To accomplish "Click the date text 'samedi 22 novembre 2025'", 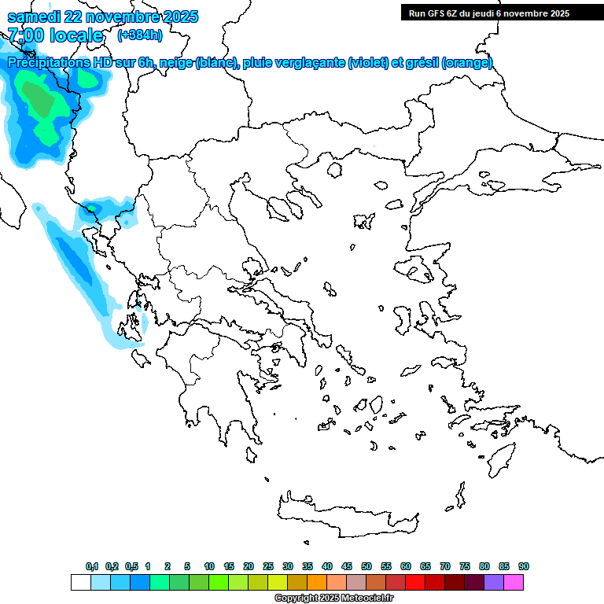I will tap(102, 17).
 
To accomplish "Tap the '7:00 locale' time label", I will tap(55, 35).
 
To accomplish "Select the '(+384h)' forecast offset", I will tap(140, 35).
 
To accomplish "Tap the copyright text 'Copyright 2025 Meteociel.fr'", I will tap(333, 598).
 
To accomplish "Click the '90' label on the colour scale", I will tap(524, 566).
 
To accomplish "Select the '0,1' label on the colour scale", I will tap(91, 566).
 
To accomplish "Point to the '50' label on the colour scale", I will tap(366, 566).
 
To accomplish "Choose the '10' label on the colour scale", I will tap(209, 566).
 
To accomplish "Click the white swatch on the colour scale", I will tap(81, 582).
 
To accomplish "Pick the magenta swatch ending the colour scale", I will tap(514, 582).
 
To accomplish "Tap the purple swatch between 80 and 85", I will tap(494, 582).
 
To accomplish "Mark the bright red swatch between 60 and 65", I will tap(415, 582).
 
